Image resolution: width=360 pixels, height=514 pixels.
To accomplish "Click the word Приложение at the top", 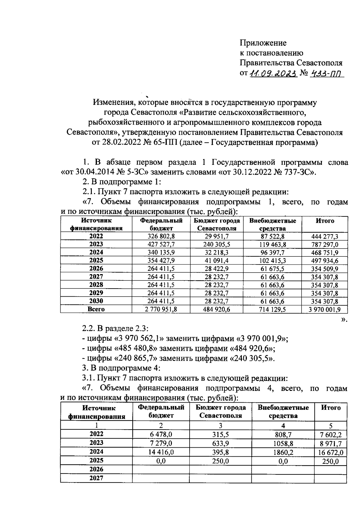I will (263, 43).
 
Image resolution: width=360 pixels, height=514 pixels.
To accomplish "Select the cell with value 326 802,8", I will (161, 236).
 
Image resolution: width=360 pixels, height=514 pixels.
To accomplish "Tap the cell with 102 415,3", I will (272, 261).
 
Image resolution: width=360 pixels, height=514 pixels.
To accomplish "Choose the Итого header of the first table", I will (325, 221).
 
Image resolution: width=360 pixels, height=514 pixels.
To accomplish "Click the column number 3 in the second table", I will (220, 425).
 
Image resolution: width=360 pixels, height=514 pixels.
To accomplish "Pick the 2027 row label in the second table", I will (96, 478).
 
